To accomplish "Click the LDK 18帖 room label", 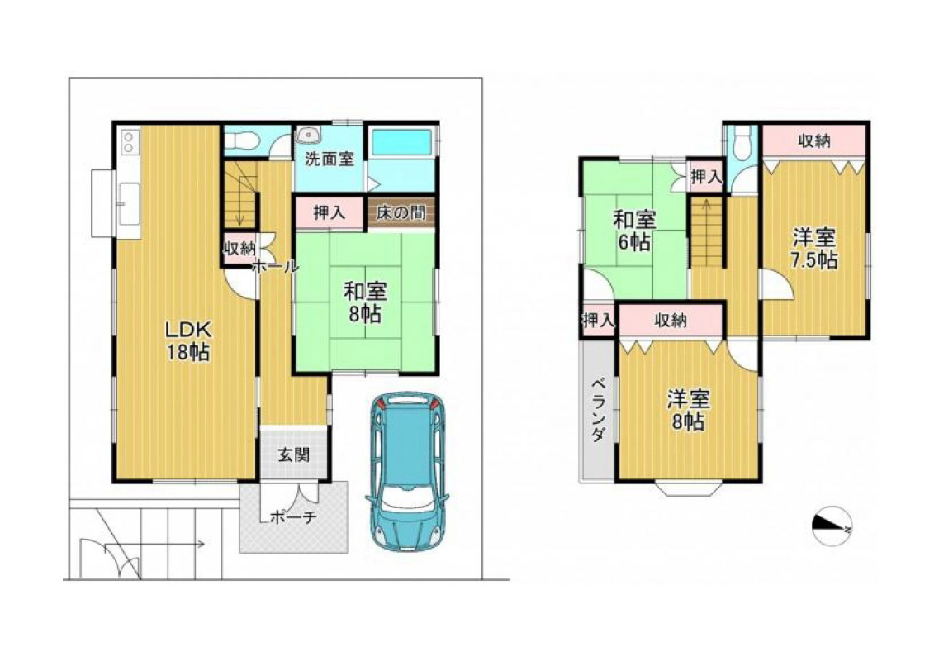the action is tap(188, 340).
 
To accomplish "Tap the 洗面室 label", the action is tap(329, 159).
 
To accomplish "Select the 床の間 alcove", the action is tap(401, 212).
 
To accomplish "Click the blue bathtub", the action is tap(401, 143).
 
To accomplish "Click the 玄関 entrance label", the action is tap(293, 454).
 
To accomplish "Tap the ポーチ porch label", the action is tap(293, 516).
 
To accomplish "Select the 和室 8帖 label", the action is tap(365, 302).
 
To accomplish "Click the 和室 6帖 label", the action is tap(633, 231).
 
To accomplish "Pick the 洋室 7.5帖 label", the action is tap(813, 249).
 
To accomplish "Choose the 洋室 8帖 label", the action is tap(688, 410).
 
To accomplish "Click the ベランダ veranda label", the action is tap(597, 410).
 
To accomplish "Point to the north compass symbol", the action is tap(832, 526).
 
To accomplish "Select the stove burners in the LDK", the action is tap(129, 141).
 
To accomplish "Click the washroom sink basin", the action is tap(310, 135).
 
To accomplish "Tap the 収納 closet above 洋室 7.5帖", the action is tap(813, 140).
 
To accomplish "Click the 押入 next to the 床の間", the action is tap(330, 212).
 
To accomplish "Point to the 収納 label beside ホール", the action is tap(239, 248).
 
